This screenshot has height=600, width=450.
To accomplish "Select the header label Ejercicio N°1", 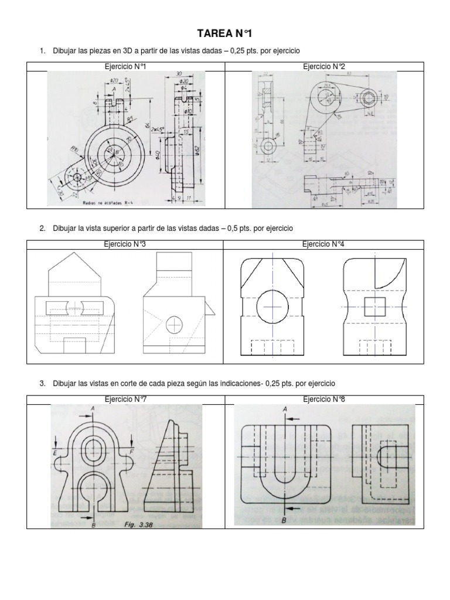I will [124, 67].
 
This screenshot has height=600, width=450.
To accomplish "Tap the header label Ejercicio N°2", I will [323, 67].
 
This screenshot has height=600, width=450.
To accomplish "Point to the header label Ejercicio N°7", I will [124, 399].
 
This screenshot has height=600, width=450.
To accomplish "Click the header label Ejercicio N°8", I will [323, 399].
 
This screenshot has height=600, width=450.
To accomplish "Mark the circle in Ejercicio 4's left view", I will [272, 306].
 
